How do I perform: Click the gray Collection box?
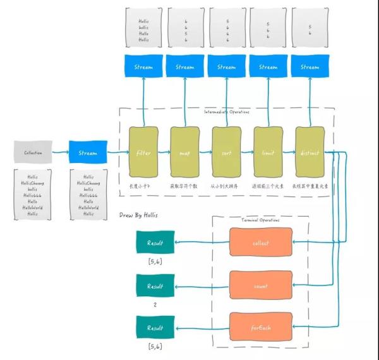tap(33, 152)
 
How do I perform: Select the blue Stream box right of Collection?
tap(88, 152)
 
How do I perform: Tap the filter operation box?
tap(143, 153)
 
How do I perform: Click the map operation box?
tap(184, 153)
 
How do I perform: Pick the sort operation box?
tap(226, 153)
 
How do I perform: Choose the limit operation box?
tap(268, 153)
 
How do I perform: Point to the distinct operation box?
tap(310, 153)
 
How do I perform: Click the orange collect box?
tap(260, 243)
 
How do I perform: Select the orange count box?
tap(260, 285)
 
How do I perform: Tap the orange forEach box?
tap(260, 328)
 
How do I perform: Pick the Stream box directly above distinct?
tap(310, 67)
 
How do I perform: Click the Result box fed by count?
tap(155, 285)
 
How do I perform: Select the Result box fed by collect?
tap(155, 243)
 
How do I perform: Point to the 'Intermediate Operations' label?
tap(226, 112)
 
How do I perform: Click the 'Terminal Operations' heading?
tap(260, 219)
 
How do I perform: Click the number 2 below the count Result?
tap(155, 304)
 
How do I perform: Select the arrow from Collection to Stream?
tap(61, 152)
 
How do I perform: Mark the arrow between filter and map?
tap(164, 153)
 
